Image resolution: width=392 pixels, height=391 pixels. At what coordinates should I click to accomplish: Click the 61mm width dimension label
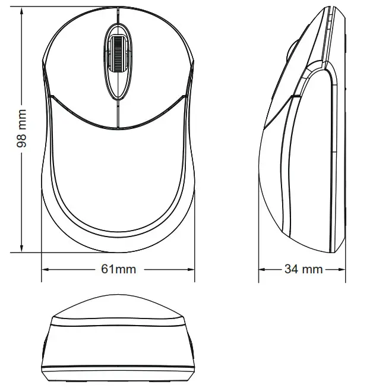[118, 269]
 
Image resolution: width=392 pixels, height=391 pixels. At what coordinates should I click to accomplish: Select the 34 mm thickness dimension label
[303, 269]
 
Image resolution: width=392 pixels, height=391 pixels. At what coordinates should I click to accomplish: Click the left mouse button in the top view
[77, 65]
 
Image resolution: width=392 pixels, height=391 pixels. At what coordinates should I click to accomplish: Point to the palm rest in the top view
[118, 172]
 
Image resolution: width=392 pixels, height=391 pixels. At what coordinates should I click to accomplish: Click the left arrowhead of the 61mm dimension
[45, 269]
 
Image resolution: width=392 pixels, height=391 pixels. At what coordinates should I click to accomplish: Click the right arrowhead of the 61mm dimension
[191, 269]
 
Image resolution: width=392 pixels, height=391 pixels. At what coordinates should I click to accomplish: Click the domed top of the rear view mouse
[118, 308]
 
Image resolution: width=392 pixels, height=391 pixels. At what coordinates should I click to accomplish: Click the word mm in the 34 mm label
[312, 269]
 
